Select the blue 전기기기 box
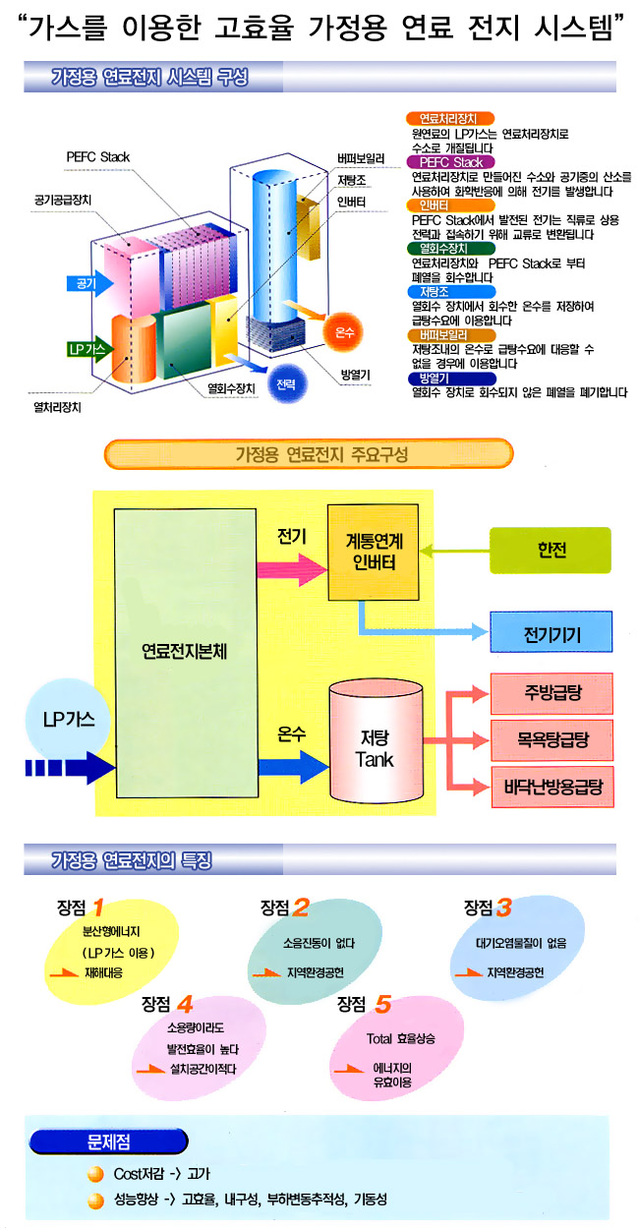(x=551, y=634)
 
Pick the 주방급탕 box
(x=552, y=692)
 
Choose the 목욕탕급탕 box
(x=552, y=734)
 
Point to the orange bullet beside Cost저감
(x=94, y=1174)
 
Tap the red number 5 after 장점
(x=382, y=1004)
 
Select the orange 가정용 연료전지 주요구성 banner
(x=309, y=454)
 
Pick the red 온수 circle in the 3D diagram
(x=344, y=331)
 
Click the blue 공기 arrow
(x=90, y=283)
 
